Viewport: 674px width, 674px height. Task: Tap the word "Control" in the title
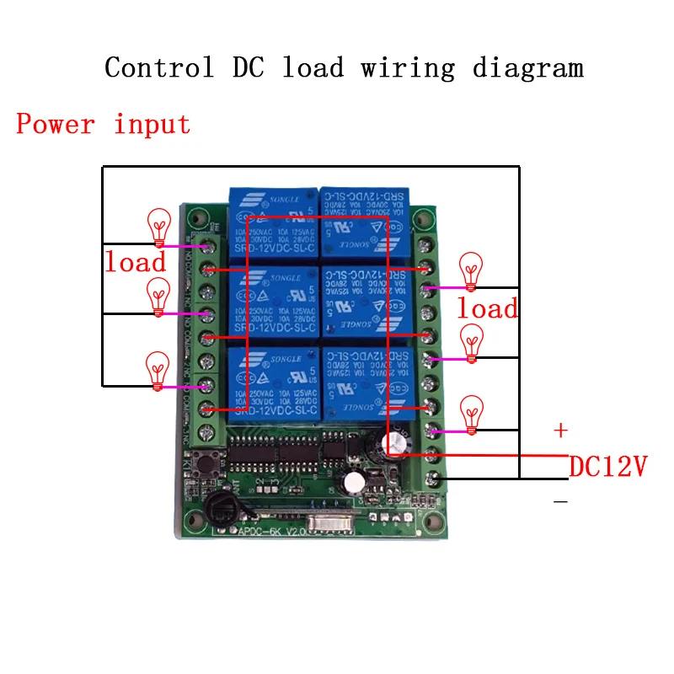click(x=158, y=67)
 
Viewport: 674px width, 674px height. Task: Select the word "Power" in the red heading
click(x=56, y=125)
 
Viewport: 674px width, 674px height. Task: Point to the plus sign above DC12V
click(x=560, y=431)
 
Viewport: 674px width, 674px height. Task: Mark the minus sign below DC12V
click(x=560, y=501)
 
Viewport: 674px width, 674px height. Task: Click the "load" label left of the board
click(x=135, y=261)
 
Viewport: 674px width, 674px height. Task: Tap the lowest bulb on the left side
click(x=158, y=371)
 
